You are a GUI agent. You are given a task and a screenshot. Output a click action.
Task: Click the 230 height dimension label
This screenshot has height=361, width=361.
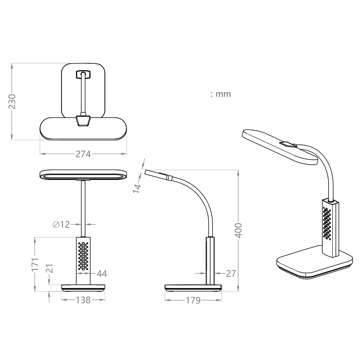click(x=12, y=101)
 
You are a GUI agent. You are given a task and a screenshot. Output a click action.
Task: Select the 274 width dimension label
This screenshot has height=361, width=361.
click(x=83, y=154)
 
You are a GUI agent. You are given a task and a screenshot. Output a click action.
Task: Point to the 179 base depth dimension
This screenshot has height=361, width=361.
click(x=193, y=300)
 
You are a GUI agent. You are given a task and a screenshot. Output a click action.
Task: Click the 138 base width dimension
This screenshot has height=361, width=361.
click(x=83, y=300)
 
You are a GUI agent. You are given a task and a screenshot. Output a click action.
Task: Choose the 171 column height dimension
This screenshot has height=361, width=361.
click(x=35, y=264)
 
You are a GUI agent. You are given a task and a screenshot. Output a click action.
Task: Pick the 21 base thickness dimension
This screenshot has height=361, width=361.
click(x=50, y=268)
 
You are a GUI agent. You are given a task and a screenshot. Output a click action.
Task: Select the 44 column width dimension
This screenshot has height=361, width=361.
click(x=102, y=274)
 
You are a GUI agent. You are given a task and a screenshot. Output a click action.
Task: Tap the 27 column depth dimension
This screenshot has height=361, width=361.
click(x=231, y=274)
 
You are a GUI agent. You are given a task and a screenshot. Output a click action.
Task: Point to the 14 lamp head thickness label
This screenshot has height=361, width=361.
click(x=137, y=188)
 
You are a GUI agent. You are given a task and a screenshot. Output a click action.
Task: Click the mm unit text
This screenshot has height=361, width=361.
click(x=223, y=94)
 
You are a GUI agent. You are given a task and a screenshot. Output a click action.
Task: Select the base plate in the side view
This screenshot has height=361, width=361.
click(x=193, y=288)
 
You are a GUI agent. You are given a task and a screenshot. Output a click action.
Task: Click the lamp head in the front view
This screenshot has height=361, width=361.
click(x=83, y=176)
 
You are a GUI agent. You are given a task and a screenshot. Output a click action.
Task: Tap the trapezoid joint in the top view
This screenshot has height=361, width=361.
click(x=83, y=121)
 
